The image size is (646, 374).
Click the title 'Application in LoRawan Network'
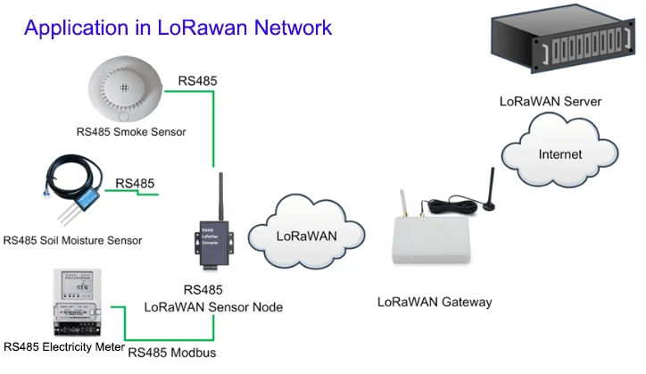(178, 27)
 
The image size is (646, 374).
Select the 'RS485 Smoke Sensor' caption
(131, 132)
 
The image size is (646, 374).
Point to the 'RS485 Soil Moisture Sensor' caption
(73, 240)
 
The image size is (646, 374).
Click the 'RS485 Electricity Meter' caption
(63, 345)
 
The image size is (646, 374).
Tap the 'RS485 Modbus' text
(172, 352)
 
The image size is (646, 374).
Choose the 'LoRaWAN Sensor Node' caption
(214, 306)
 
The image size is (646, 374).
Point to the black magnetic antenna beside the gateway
(490, 192)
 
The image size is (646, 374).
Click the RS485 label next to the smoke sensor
(197, 81)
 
